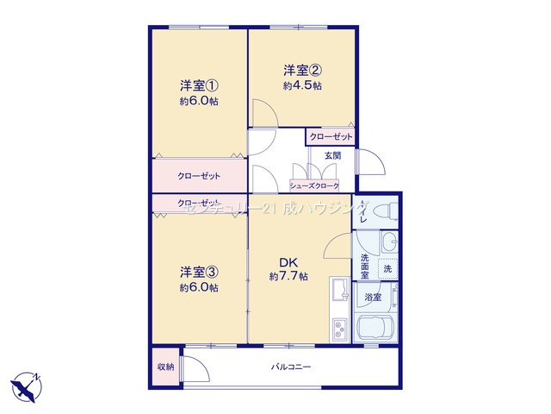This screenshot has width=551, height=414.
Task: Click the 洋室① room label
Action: click(199, 85)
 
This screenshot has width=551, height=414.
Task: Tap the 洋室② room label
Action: click(302, 70)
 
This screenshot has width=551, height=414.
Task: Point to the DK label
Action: click(288, 263)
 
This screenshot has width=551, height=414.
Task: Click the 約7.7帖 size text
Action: click(288, 277)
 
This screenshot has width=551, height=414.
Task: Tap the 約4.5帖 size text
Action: click(302, 86)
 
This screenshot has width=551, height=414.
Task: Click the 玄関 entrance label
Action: click(332, 155)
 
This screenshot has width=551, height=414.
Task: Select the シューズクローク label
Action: click(313, 185)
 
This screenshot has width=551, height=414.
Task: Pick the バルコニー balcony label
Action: click(291, 367)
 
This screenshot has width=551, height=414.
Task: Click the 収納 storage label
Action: click(165, 367)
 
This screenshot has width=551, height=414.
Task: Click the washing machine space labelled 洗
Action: click(387, 269)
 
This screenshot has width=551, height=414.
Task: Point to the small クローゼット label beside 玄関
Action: click(331, 136)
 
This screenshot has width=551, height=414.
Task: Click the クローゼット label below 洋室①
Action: click(200, 176)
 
